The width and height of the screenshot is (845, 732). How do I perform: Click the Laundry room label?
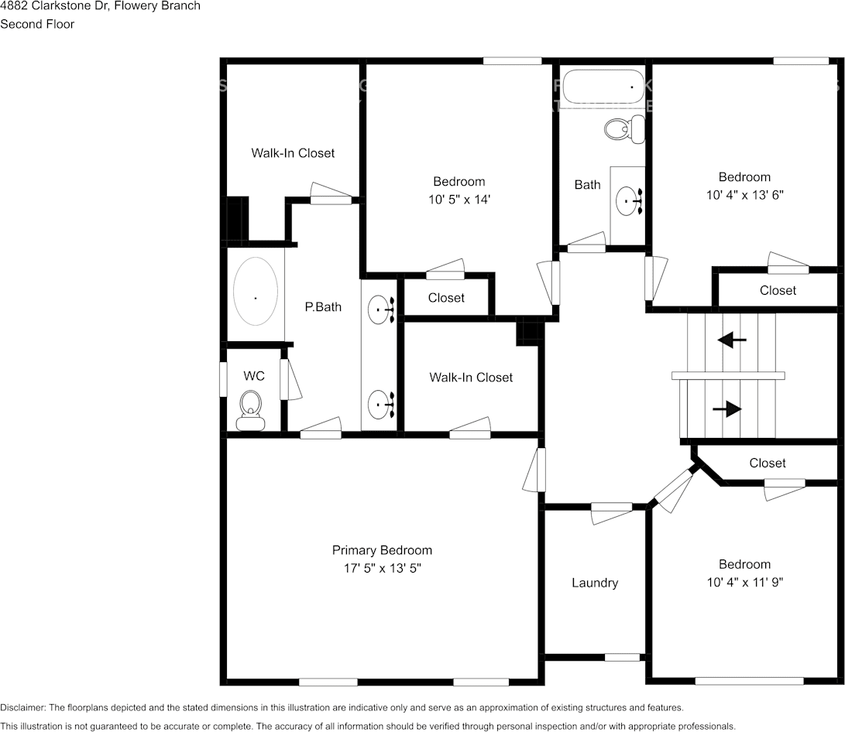click(x=595, y=583)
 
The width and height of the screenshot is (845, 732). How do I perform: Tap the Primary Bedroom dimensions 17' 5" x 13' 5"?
click(x=382, y=568)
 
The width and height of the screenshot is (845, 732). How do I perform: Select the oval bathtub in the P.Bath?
click(x=256, y=291)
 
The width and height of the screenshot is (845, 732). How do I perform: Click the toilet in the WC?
click(x=250, y=409)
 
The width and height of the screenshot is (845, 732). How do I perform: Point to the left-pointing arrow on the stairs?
click(x=731, y=339)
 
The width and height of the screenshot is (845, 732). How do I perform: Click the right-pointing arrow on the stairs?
click(x=731, y=410)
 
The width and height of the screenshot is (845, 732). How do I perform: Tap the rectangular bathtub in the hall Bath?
click(x=603, y=87)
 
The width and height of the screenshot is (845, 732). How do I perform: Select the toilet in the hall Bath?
click(x=623, y=128)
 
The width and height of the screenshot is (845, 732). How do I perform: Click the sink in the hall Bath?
click(x=628, y=202)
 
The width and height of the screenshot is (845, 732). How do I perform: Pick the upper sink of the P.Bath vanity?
click(x=380, y=310)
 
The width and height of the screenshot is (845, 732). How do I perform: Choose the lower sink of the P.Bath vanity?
click(x=380, y=403)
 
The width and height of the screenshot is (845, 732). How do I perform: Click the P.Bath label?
click(x=322, y=307)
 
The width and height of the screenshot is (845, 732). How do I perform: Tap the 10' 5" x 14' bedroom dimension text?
click(x=459, y=200)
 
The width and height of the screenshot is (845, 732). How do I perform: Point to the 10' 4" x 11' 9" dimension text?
click(x=744, y=582)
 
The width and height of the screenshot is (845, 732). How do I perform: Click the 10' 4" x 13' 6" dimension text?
click(x=744, y=195)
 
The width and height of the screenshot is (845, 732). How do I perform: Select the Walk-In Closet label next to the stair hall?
click(x=471, y=378)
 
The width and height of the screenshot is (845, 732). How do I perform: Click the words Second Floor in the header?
click(x=37, y=24)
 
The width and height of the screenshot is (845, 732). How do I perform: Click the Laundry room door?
click(x=612, y=511)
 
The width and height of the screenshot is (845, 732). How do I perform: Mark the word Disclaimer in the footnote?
click(x=22, y=707)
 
